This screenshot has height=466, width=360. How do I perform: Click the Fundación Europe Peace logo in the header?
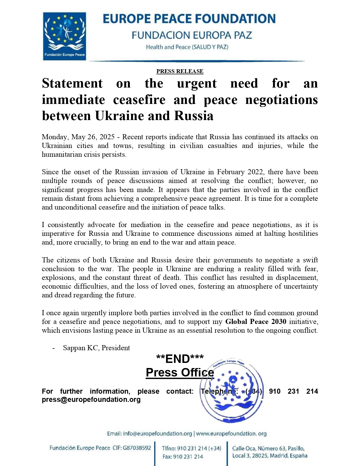pos(64,36)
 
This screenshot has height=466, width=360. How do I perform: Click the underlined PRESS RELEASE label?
pos(180,71)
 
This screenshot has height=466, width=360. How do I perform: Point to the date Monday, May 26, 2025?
pos(78,137)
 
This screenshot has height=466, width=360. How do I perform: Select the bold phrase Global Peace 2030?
pos(256,322)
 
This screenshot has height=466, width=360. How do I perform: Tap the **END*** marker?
pos(180,359)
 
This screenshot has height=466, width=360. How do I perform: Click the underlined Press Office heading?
pos(180,373)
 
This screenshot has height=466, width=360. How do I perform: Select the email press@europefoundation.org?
pos(91,400)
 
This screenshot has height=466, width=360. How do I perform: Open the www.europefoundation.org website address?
pos(231,434)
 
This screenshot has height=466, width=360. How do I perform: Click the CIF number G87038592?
pos(137,448)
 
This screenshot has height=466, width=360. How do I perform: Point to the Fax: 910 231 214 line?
pos(183,457)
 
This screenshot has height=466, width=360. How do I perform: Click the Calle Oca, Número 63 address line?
pos(268,448)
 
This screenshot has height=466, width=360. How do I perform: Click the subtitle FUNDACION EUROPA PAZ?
pos(192,35)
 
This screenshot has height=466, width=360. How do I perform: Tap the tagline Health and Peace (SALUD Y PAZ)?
pos(187,47)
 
